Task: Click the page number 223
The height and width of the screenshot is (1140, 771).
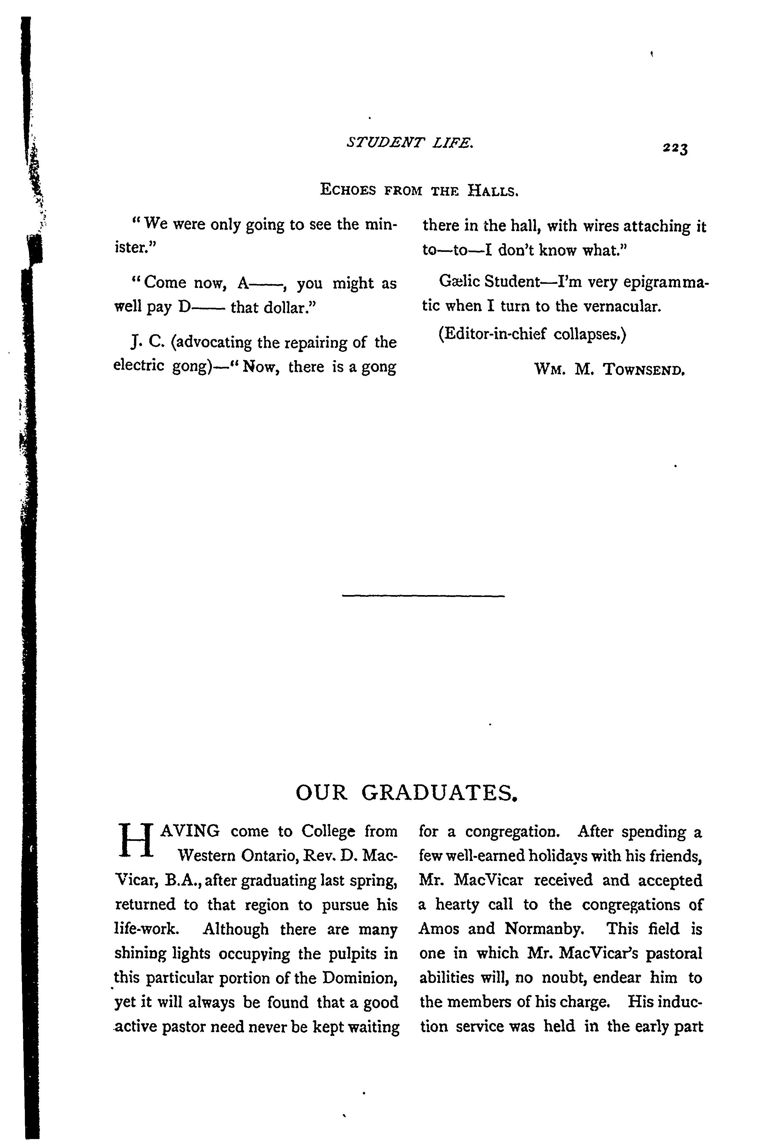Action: (675, 148)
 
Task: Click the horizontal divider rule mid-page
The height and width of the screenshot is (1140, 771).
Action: (423, 596)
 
